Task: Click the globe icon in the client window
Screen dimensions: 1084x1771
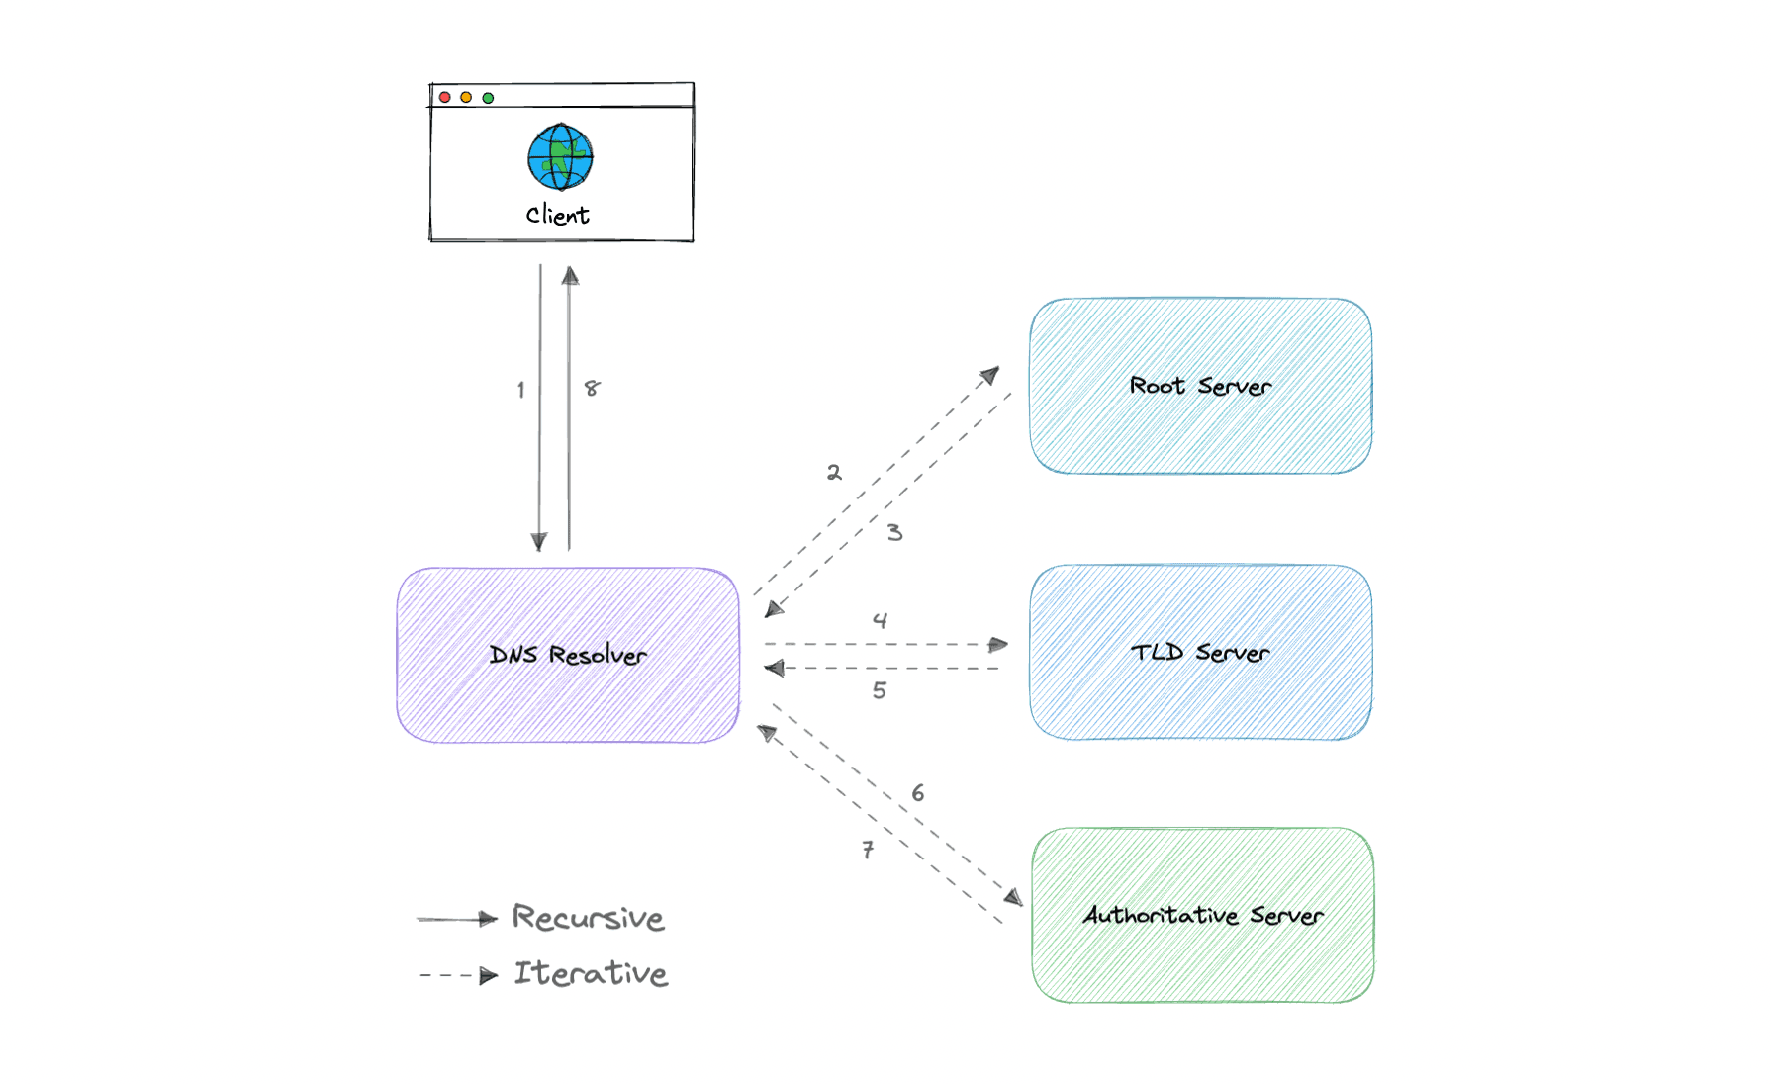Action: click(560, 156)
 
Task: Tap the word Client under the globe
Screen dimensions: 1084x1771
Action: click(557, 215)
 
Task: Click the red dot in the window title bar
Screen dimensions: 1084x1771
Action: click(445, 97)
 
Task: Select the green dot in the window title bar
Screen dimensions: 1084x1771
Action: click(488, 98)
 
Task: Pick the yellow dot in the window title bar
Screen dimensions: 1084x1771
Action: click(466, 97)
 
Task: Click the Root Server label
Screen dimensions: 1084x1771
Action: click(1200, 386)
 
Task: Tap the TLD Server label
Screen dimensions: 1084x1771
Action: click(1200, 653)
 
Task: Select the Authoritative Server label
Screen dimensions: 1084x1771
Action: click(1202, 915)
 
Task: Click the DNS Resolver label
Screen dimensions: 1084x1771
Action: click(568, 655)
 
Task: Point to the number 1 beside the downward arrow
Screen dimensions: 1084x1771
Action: click(520, 390)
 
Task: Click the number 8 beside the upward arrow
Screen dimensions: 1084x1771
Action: click(592, 388)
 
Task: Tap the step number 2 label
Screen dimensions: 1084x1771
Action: click(834, 473)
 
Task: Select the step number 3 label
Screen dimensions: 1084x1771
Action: click(894, 532)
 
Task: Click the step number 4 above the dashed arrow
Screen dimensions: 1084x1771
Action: click(880, 620)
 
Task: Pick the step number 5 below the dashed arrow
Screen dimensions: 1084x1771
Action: click(879, 690)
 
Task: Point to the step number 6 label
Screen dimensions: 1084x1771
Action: click(918, 793)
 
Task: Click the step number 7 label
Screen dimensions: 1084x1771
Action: click(868, 850)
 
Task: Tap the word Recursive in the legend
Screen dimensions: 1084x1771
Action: click(588, 918)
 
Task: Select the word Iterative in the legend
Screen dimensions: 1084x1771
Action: click(591, 973)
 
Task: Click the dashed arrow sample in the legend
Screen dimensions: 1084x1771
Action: click(458, 976)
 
